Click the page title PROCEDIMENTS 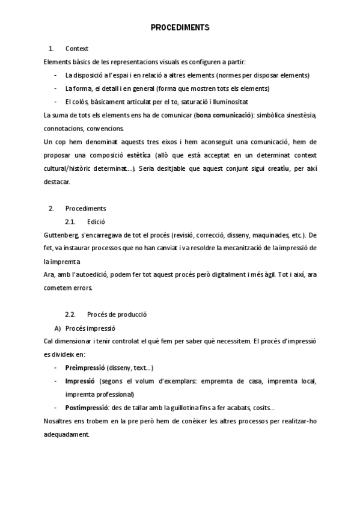tap(180, 28)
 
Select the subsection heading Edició tap(96, 221)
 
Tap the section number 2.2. tap(70, 315)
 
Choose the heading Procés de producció tap(117, 315)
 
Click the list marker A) tap(58, 328)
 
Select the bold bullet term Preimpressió tap(85, 367)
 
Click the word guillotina tap(180, 407)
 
